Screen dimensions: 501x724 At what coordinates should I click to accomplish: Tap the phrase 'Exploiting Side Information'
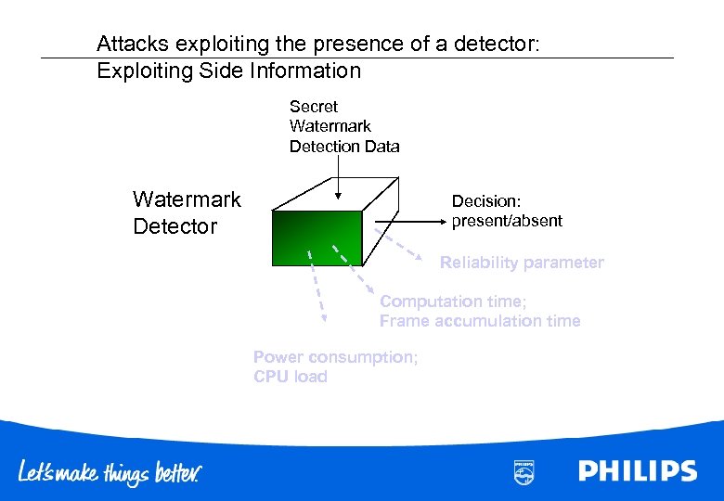pos(228,71)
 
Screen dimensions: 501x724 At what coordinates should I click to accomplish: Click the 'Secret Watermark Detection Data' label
pos(343,126)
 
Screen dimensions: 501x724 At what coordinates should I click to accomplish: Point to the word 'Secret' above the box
pos(314,107)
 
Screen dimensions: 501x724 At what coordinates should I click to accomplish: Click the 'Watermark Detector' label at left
pos(187,212)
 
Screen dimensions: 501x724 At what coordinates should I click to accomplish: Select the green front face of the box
pos(317,238)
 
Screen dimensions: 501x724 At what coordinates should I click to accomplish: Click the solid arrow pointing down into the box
pos(338,176)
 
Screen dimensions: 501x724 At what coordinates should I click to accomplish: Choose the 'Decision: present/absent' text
pos(506,212)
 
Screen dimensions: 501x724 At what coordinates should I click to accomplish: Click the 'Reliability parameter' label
pos(521,263)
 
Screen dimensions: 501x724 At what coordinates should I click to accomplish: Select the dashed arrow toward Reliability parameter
pos(401,244)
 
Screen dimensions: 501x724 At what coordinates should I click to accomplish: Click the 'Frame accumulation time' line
pos(479,321)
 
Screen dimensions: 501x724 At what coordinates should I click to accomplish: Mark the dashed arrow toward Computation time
pos(353,270)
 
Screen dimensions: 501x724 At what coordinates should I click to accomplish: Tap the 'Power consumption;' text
pos(335,357)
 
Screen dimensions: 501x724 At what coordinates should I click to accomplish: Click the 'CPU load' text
pos(290,377)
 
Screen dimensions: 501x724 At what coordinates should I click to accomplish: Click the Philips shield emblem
pos(524,471)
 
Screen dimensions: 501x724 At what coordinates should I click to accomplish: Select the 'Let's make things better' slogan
pos(110,472)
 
